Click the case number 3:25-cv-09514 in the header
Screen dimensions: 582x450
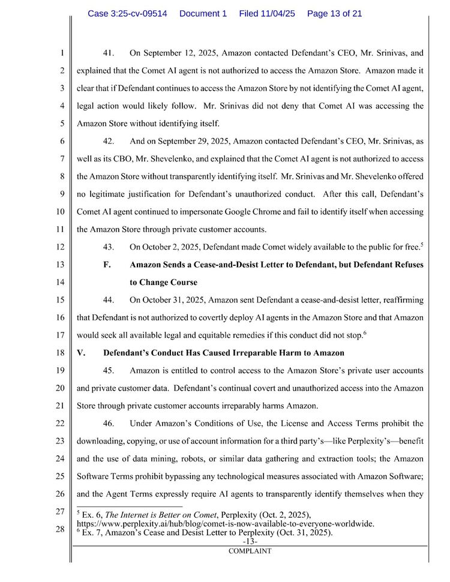coord(127,13)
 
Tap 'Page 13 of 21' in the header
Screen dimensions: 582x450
coord(334,13)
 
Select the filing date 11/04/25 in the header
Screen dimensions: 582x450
coord(267,13)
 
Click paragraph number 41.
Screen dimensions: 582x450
coord(110,53)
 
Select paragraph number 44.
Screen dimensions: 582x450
coord(110,299)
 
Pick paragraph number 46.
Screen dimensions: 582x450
coord(110,424)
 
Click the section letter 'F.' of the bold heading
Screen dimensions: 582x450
coord(108,265)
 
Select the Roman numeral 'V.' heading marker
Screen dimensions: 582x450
coord(82,353)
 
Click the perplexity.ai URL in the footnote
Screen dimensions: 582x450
coord(226,524)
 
